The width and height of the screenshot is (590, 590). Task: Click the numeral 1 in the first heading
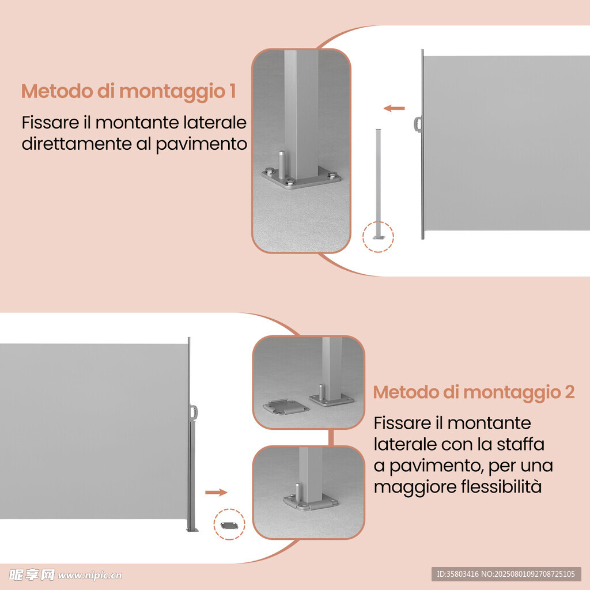[233, 91]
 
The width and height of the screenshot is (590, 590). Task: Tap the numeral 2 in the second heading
[570, 392]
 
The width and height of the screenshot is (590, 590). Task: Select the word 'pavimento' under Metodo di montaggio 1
[201, 145]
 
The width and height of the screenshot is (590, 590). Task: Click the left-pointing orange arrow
[394, 108]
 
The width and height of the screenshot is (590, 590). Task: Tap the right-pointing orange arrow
[217, 492]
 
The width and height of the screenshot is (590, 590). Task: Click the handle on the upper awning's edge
[418, 124]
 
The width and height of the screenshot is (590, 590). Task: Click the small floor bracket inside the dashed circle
[229, 525]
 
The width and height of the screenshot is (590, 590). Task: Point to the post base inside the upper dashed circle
[379, 237]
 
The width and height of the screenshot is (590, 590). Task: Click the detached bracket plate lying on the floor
[286, 407]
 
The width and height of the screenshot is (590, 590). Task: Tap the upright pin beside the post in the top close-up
[281, 164]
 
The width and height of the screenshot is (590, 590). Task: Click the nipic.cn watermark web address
[90, 576]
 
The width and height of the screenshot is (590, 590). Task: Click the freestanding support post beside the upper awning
[379, 184]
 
